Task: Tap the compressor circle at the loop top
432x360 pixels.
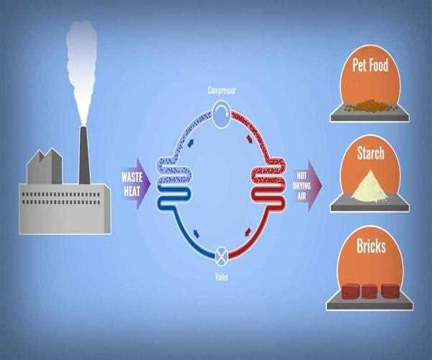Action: pos(221,114)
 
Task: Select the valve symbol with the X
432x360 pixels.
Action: pos(221,254)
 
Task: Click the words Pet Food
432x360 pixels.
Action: pos(370,66)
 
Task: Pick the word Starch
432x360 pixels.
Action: pos(370,153)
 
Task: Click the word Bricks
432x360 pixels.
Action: pos(370,248)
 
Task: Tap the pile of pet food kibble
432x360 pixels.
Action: pos(370,105)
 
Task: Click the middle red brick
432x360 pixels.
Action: pos(369,291)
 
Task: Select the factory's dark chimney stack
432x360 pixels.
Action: pos(84,155)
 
